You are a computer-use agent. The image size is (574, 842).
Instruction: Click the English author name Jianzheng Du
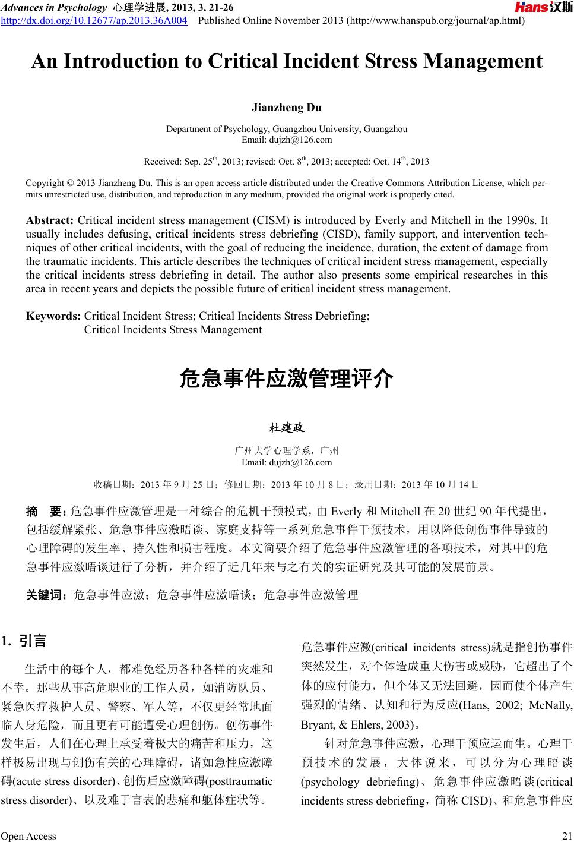(x=287, y=108)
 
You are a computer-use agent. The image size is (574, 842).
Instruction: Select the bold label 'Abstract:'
(x=50, y=220)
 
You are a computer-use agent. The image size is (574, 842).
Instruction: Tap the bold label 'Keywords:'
(x=53, y=316)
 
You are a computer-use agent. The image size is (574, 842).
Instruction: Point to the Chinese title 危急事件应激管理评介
(x=286, y=379)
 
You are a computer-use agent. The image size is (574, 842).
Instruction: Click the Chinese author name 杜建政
(x=287, y=428)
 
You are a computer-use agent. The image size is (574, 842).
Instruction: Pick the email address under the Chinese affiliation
(x=287, y=462)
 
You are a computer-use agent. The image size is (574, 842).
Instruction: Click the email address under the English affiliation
(x=287, y=140)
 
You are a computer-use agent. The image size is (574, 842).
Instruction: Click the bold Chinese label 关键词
(x=47, y=594)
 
